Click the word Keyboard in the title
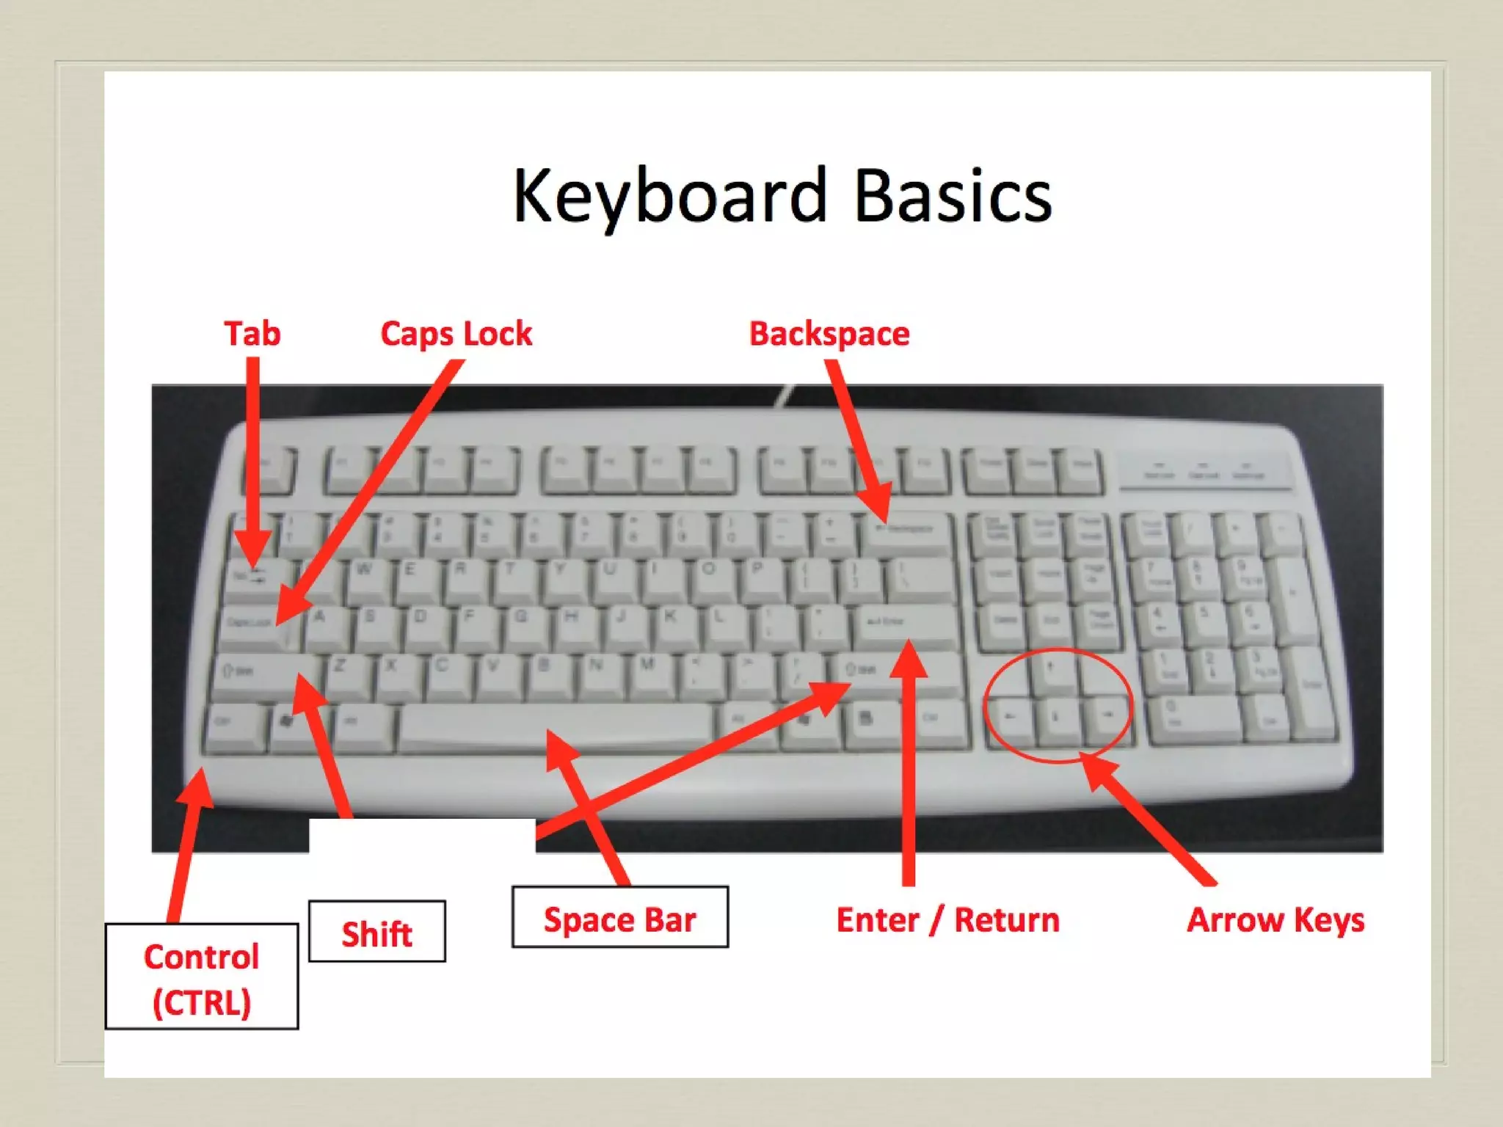669,196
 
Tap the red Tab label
252,334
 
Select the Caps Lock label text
456,334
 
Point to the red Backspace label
829,334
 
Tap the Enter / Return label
947,920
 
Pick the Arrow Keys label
1275,920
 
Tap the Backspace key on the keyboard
906,530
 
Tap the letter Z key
345,671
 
